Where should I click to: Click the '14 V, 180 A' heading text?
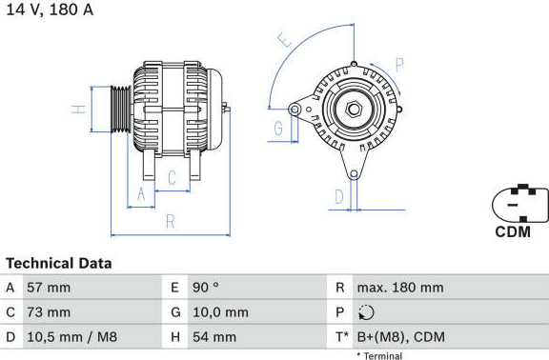pos(51,10)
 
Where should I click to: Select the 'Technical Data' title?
pos(59,264)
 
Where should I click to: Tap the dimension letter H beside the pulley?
pos(79,110)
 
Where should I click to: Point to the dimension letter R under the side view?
pos(171,222)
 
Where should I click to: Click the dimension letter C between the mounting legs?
pos(172,178)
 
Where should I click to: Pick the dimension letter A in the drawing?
pos(141,194)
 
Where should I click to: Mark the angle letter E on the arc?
pos(285,40)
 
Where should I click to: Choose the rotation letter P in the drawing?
pos(399,65)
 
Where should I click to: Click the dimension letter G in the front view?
pos(278,128)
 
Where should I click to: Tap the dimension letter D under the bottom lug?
pos(339,196)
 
